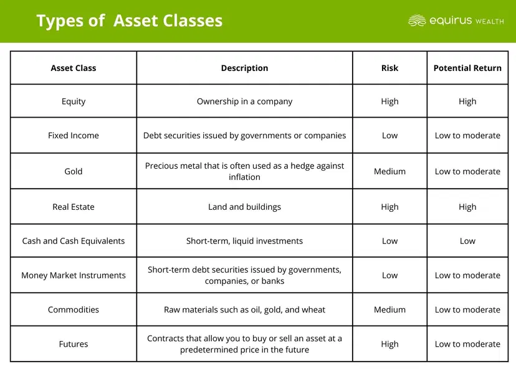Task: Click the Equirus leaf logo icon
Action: pyautogui.click(x=417, y=21)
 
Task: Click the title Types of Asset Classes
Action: pyautogui.click(x=129, y=21)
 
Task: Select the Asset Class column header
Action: pyautogui.click(x=74, y=68)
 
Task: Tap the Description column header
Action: pyautogui.click(x=244, y=68)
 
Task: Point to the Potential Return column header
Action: pyautogui.click(x=467, y=68)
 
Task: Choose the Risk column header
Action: pyautogui.click(x=389, y=68)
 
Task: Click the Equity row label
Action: pyautogui.click(x=74, y=101)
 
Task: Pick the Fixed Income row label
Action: pyautogui.click(x=74, y=135)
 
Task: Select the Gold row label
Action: pyautogui.click(x=74, y=171)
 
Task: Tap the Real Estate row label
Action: pyautogui.click(x=74, y=207)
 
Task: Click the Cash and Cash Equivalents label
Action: pyautogui.click(x=74, y=241)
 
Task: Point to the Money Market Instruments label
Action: pyautogui.click(x=74, y=275)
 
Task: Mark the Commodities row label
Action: pyautogui.click(x=74, y=309)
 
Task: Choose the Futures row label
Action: pyautogui.click(x=74, y=344)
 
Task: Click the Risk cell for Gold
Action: pyautogui.click(x=389, y=171)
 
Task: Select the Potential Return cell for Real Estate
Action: pyautogui.click(x=467, y=207)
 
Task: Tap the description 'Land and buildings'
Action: pyautogui.click(x=244, y=207)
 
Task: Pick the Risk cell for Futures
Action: pyautogui.click(x=389, y=344)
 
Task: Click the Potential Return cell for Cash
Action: pyautogui.click(x=467, y=241)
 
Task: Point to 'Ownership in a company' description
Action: pyautogui.click(x=244, y=101)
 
